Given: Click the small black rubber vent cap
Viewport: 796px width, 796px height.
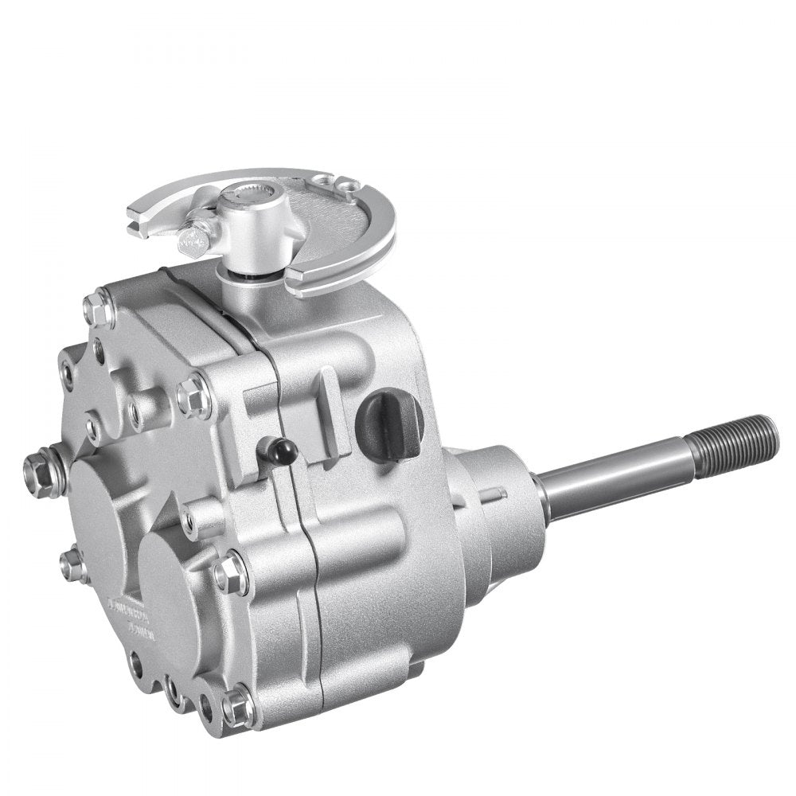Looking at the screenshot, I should click(280, 452).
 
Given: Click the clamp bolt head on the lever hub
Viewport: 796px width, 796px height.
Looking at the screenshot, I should click(194, 238).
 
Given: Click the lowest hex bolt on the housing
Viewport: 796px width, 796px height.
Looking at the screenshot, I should click(237, 706).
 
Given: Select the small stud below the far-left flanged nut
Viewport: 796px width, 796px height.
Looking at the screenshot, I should click(73, 565).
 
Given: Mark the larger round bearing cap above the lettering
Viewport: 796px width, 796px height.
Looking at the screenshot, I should click(107, 517).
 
